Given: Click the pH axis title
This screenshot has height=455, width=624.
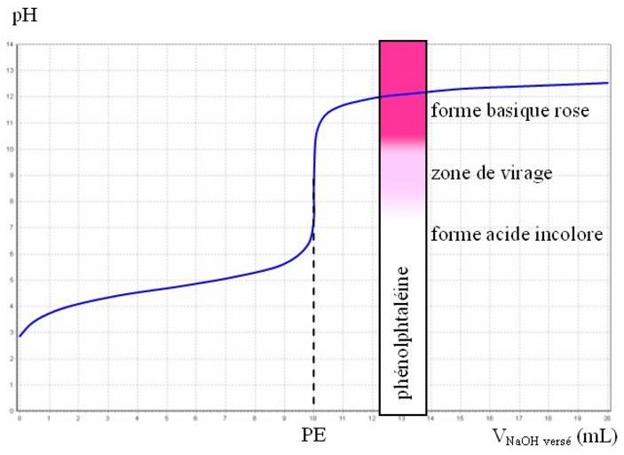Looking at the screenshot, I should [x=18, y=16].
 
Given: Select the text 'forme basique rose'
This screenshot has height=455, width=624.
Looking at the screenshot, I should [x=509, y=111].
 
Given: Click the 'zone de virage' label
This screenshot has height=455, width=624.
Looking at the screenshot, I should [x=491, y=172].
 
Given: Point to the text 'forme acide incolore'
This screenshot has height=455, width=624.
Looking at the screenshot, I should [x=517, y=235].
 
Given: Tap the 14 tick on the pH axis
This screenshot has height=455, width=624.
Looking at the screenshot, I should [x=10, y=44].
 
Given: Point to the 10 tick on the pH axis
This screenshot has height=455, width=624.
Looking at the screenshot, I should [x=10, y=148].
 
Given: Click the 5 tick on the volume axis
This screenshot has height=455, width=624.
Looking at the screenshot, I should [x=166, y=417].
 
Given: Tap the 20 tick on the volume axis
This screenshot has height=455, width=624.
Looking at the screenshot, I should [x=607, y=417].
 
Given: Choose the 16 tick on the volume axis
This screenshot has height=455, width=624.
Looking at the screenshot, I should [x=489, y=417].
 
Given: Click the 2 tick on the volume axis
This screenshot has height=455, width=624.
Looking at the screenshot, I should [x=78, y=417].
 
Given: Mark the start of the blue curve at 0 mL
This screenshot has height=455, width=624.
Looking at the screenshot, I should [x=20, y=335].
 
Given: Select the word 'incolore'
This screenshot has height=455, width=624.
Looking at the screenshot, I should [x=573, y=235].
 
